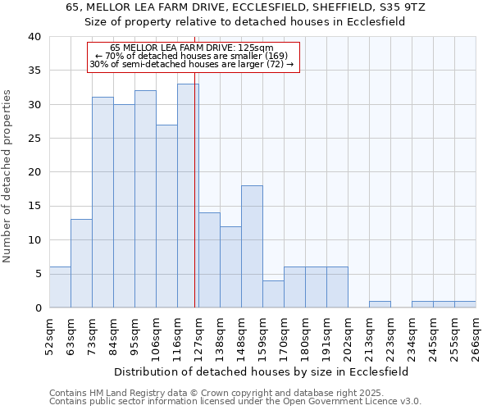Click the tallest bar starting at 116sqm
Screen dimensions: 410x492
pyautogui.click(x=188, y=196)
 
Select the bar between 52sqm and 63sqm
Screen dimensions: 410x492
pyautogui.click(x=60, y=287)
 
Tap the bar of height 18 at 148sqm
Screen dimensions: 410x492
pyautogui.click(x=252, y=246)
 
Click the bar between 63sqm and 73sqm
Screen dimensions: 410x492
pyautogui.click(x=81, y=263)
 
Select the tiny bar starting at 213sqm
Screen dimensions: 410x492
pyautogui.click(x=380, y=304)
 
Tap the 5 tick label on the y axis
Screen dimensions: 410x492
pyautogui.click(x=37, y=274)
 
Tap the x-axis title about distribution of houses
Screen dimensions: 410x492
pyautogui.click(x=262, y=371)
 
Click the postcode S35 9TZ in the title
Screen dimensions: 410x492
pyautogui.click(x=397, y=7)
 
